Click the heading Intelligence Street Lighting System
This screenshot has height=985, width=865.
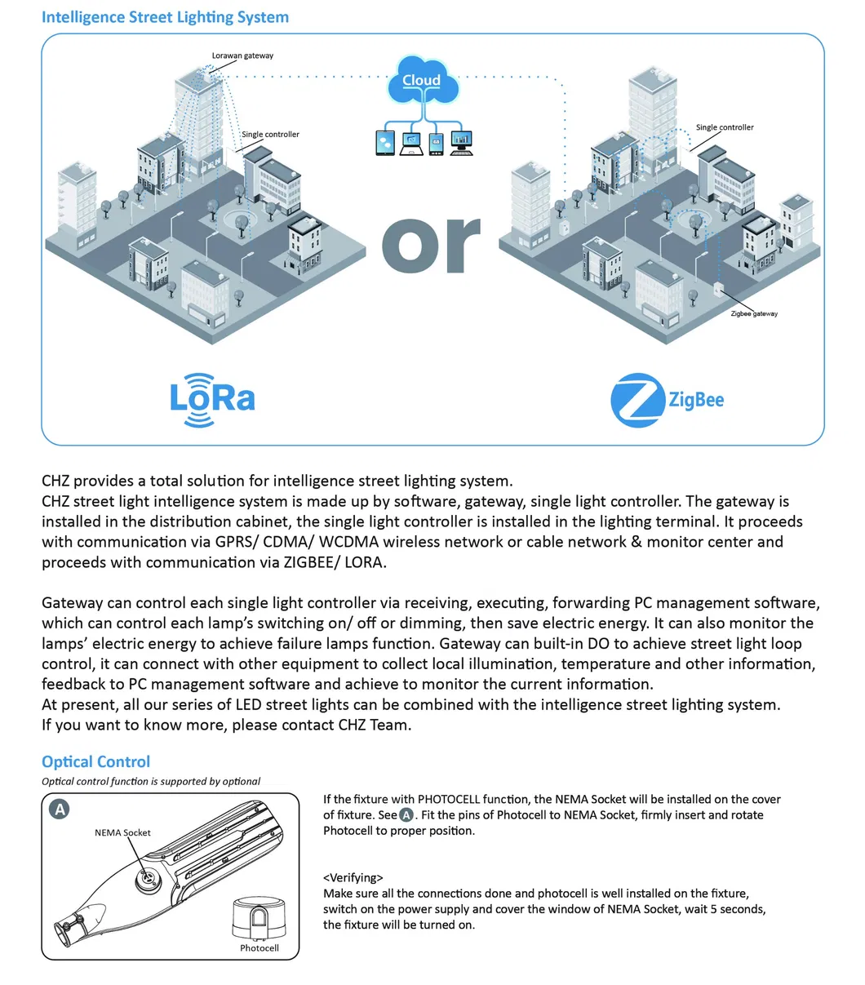[x=165, y=16]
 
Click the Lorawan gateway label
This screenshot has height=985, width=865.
[x=242, y=55]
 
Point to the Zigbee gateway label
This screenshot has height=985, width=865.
[x=753, y=313]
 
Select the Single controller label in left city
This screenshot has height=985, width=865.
[x=270, y=134]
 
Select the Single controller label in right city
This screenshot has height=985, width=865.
[x=724, y=127]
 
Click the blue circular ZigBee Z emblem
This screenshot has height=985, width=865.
[x=636, y=400]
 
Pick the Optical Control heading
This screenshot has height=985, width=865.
[x=96, y=761]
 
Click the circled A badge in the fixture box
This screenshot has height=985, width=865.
[x=60, y=810]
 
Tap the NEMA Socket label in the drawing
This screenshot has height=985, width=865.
[x=122, y=832]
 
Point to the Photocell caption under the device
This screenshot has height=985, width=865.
[x=259, y=947]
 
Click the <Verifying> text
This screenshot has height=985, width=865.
[x=353, y=877]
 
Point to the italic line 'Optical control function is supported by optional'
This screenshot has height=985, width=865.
[x=151, y=781]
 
